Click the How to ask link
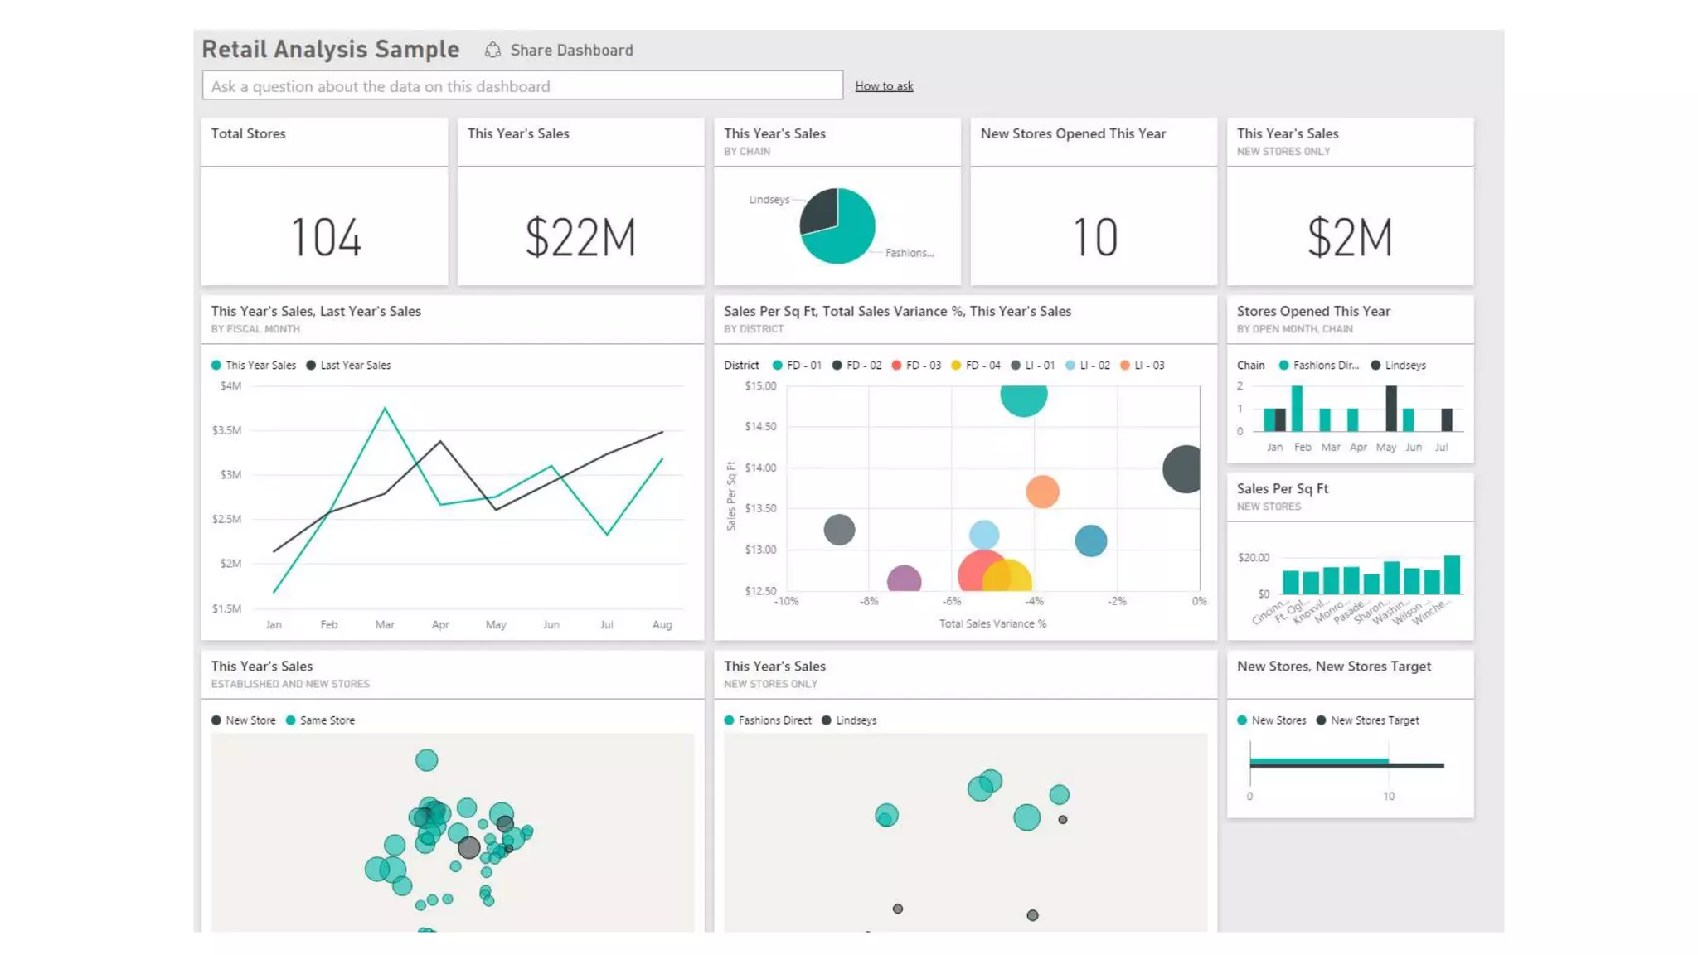coord(884,86)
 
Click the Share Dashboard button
coord(560,51)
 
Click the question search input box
coord(522,86)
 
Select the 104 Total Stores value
coord(326,238)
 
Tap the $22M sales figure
coord(580,238)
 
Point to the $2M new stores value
coord(1350,238)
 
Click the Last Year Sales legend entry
coord(349,366)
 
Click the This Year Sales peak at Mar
coord(385,409)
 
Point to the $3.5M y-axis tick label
coord(226,430)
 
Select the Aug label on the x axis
coord(662,625)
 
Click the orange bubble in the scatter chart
coord(1042,492)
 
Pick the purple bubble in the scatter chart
coord(904,579)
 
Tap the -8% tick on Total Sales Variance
coord(868,602)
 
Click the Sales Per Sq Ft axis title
coord(730,497)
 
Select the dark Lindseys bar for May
coord(1390,409)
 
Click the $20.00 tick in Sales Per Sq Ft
coord(1253,558)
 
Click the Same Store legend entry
coord(321,720)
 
